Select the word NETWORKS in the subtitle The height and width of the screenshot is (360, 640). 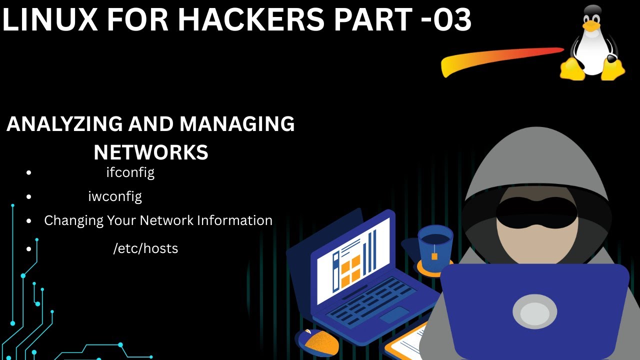pyautogui.click(x=151, y=152)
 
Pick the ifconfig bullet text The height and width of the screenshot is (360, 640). pyautogui.click(x=130, y=172)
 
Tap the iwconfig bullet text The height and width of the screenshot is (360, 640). pyautogui.click(x=115, y=196)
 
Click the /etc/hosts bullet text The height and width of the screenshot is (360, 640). pyautogui.click(x=145, y=248)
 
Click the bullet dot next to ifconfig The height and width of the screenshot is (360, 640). pyautogui.click(x=29, y=173)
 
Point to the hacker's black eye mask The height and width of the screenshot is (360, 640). pyautogui.click(x=536, y=210)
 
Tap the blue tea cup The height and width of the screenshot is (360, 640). pyautogui.click(x=434, y=247)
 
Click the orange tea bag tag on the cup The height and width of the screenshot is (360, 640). pyautogui.click(x=434, y=256)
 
